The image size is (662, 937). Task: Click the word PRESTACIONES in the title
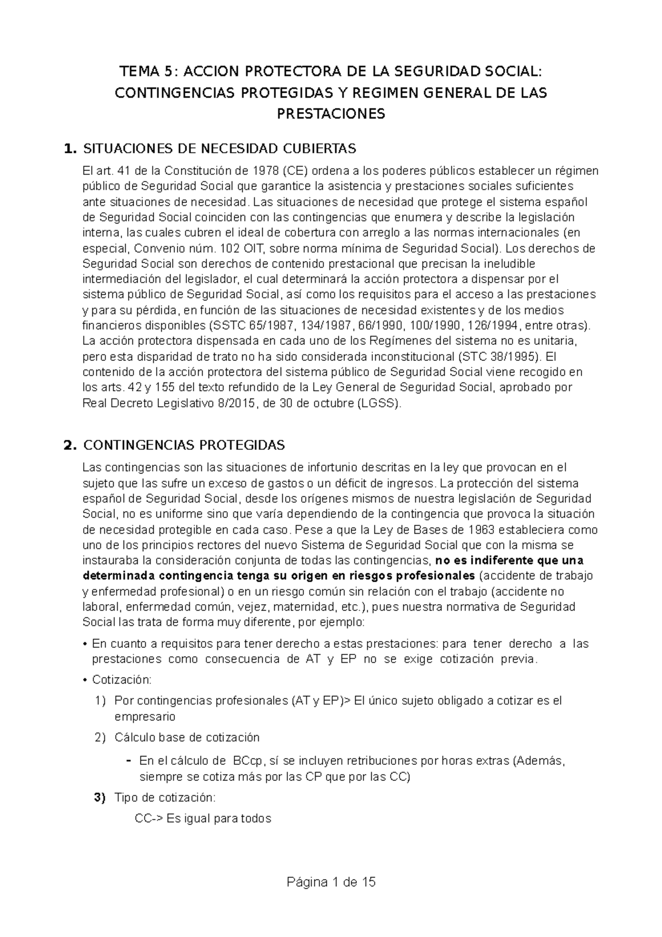[330, 114]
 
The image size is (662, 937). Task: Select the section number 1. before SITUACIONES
[70, 148]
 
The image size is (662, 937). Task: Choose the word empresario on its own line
[145, 717]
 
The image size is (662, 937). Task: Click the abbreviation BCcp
[248, 761]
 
